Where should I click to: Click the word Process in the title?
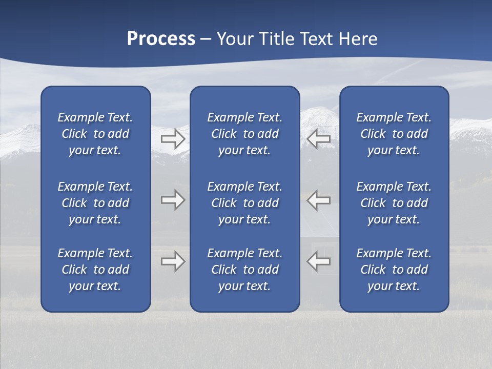(161, 39)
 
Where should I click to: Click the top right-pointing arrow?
(173, 139)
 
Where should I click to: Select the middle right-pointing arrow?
(173, 200)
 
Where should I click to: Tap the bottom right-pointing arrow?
(173, 261)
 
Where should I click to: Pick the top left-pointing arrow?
(319, 139)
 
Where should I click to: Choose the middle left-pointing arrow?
(319, 200)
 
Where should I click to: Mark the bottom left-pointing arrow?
(319, 261)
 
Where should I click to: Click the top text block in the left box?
(95, 134)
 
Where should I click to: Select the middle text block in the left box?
(95, 203)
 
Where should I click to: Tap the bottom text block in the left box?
(95, 270)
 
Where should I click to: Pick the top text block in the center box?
(245, 134)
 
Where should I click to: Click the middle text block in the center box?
(245, 203)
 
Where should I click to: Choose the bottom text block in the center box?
(245, 270)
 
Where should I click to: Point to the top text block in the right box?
(394, 134)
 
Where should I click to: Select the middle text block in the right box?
(394, 203)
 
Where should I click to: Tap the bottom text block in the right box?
(394, 270)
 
